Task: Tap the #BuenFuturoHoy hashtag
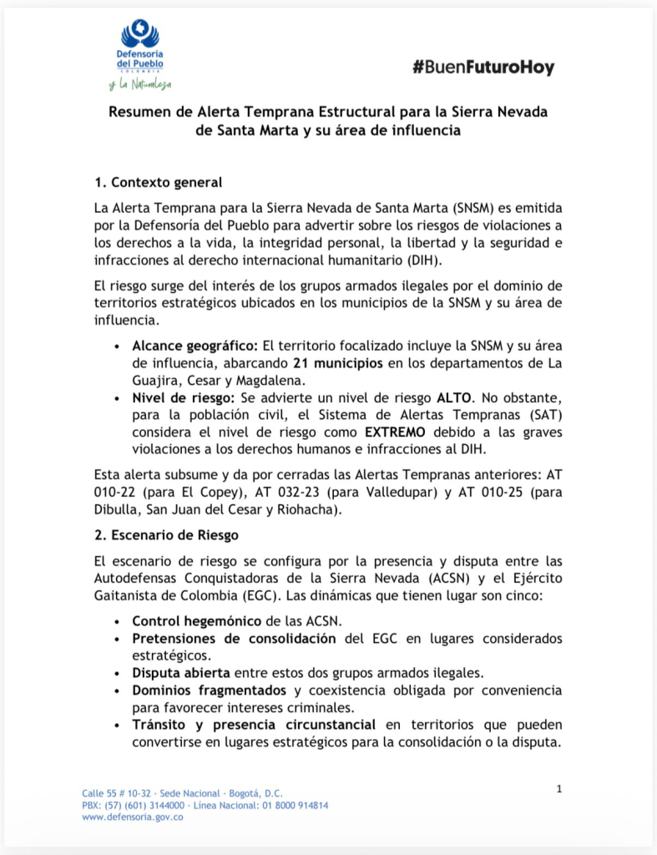483,68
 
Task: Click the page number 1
558,788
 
